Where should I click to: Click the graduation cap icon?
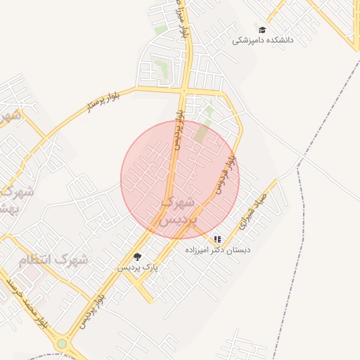click(x=262, y=30)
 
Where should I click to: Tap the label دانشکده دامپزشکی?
click(x=263, y=41)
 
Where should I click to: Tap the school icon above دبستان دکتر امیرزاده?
click(x=217, y=240)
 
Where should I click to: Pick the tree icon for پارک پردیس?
click(x=137, y=257)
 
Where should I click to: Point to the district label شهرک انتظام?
click(x=55, y=260)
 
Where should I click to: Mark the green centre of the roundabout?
click(x=62, y=344)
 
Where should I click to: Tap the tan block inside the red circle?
click(x=202, y=133)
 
